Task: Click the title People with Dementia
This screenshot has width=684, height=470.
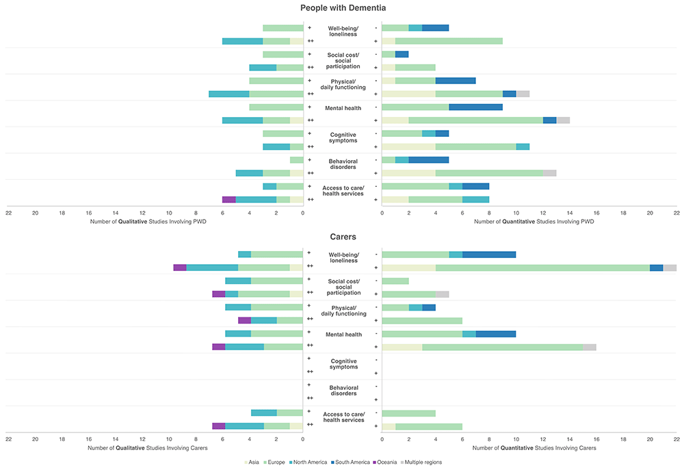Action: point(342,8)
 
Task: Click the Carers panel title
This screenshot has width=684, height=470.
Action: point(342,237)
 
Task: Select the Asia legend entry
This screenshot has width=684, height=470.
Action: point(254,462)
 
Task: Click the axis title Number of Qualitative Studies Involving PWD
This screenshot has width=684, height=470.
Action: point(148,222)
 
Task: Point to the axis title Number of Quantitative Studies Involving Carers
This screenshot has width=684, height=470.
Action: point(535,447)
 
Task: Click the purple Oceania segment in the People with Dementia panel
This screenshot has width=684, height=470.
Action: point(229,199)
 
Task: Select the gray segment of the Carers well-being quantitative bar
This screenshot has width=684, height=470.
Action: point(670,267)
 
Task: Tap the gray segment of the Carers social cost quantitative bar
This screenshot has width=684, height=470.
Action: point(442,294)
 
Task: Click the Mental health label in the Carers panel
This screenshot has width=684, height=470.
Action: point(344,335)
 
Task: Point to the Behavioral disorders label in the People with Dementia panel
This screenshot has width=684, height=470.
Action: point(343,164)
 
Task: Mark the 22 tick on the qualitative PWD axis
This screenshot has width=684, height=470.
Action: point(8,213)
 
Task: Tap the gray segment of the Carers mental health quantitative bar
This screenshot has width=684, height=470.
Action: point(589,347)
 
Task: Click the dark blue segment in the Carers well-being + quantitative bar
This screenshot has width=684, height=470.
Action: point(656,267)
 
